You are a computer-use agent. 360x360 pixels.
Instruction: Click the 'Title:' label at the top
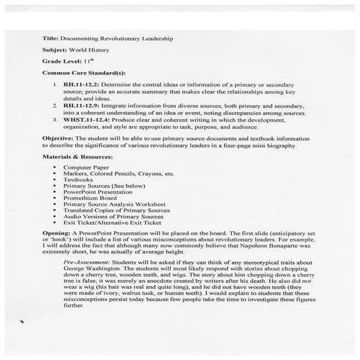51,37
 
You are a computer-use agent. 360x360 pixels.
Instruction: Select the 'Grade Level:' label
61,63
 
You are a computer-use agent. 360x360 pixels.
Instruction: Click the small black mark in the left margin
23,340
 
